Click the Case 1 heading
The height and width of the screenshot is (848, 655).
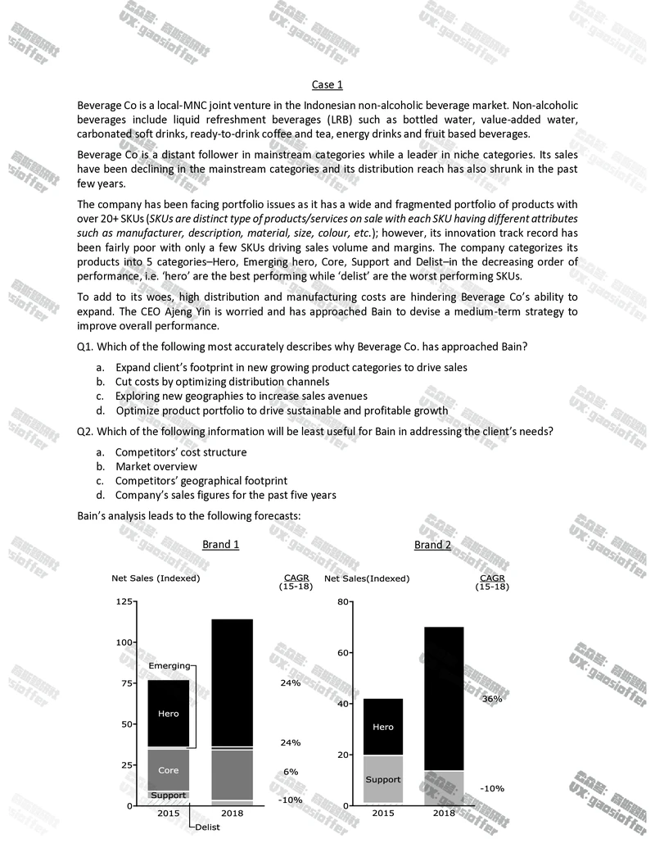pyautogui.click(x=327, y=84)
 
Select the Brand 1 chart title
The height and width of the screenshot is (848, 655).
pyautogui.click(x=220, y=545)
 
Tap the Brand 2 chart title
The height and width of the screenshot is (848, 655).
pyautogui.click(x=432, y=545)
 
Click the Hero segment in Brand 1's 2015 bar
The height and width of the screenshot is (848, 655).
pyautogui.click(x=168, y=714)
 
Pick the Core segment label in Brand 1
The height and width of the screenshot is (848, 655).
pyautogui.click(x=168, y=770)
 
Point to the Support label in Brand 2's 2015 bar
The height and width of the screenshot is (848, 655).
pyautogui.click(x=382, y=779)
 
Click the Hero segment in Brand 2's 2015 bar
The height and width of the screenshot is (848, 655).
pyautogui.click(x=382, y=727)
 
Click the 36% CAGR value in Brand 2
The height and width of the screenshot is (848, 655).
pyautogui.click(x=492, y=699)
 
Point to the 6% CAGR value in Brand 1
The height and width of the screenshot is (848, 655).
pyautogui.click(x=291, y=772)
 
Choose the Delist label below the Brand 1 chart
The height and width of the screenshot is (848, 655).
pyautogui.click(x=207, y=828)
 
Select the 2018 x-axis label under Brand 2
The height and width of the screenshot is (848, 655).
pyautogui.click(x=444, y=814)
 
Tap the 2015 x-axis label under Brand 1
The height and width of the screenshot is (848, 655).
pyautogui.click(x=168, y=814)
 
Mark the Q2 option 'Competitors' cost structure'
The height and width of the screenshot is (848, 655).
pyautogui.click(x=180, y=452)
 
